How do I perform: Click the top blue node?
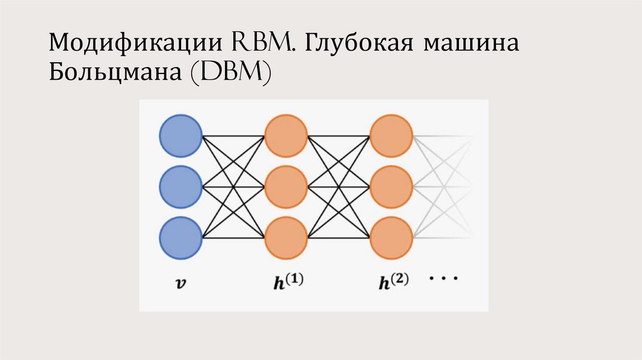click(181, 135)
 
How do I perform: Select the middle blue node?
click(181, 186)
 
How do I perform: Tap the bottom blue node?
click(181, 238)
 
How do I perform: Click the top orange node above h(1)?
click(286, 135)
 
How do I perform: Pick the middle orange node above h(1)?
click(286, 186)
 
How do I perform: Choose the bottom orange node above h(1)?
click(286, 238)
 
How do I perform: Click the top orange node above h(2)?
click(391, 135)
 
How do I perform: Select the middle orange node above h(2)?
click(391, 186)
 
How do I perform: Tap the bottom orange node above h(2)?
click(391, 238)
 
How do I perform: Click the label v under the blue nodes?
click(181, 282)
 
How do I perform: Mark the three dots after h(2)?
click(444, 277)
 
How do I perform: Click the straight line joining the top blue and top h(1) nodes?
click(233, 135)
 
